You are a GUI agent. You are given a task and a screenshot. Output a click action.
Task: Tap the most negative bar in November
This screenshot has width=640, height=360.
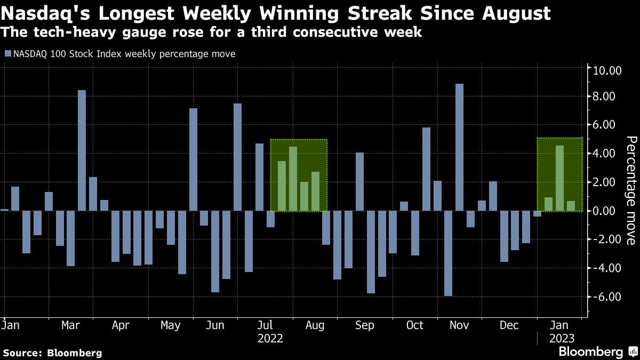[x=448, y=253]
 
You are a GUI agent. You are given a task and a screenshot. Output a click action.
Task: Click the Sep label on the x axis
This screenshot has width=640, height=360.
[x=365, y=325]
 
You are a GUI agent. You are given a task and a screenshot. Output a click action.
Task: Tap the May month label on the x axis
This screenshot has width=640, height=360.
[x=170, y=325]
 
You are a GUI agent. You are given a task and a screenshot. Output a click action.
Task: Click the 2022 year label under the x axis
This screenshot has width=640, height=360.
[x=270, y=338]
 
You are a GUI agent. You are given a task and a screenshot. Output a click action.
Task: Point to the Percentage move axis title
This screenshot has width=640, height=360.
[x=630, y=190]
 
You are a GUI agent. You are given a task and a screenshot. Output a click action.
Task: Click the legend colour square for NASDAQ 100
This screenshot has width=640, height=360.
[x=7, y=54]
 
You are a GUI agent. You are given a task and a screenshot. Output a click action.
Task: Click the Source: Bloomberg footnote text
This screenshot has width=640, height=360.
[x=52, y=353]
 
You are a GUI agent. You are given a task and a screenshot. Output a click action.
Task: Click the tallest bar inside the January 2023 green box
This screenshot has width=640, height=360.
[x=559, y=178]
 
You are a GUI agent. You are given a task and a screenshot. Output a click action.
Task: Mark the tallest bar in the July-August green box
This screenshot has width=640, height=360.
[x=293, y=179]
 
